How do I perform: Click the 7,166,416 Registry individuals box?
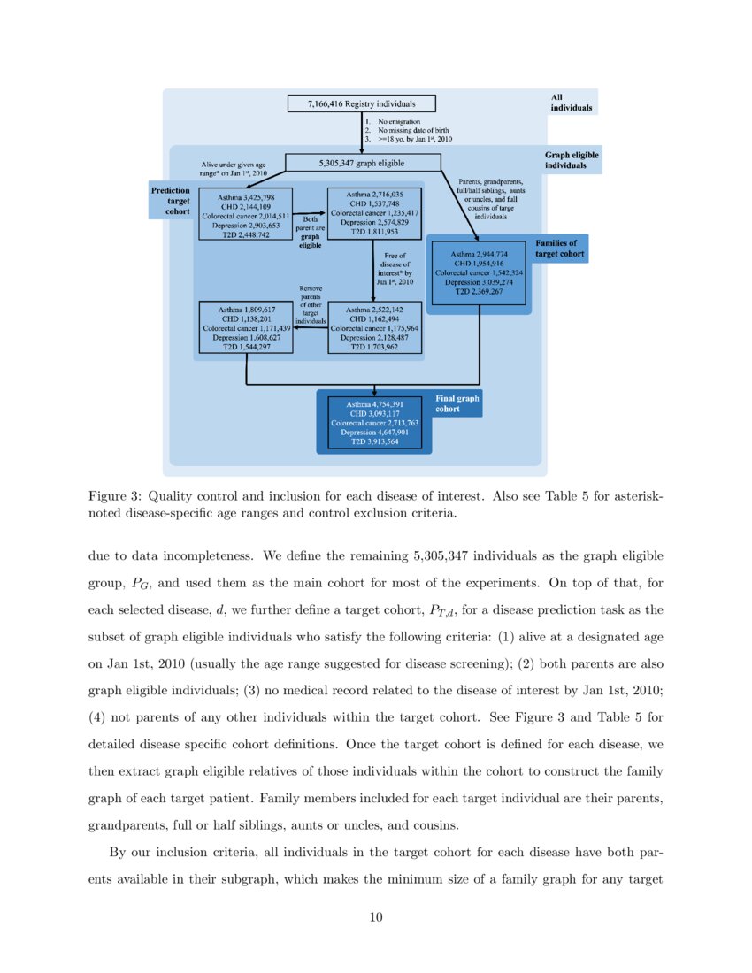click(x=362, y=103)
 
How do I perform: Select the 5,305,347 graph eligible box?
click(x=363, y=163)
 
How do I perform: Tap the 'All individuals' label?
click(x=571, y=103)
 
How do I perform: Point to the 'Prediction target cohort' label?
click(x=172, y=201)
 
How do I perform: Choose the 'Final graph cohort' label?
click(x=457, y=403)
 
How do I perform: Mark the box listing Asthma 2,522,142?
click(x=374, y=328)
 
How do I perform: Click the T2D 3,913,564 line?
click(x=374, y=441)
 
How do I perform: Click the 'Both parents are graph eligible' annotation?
click(x=311, y=232)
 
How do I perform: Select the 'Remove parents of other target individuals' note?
click(x=311, y=305)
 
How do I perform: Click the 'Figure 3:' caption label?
click(x=112, y=497)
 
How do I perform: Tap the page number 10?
click(x=376, y=917)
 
